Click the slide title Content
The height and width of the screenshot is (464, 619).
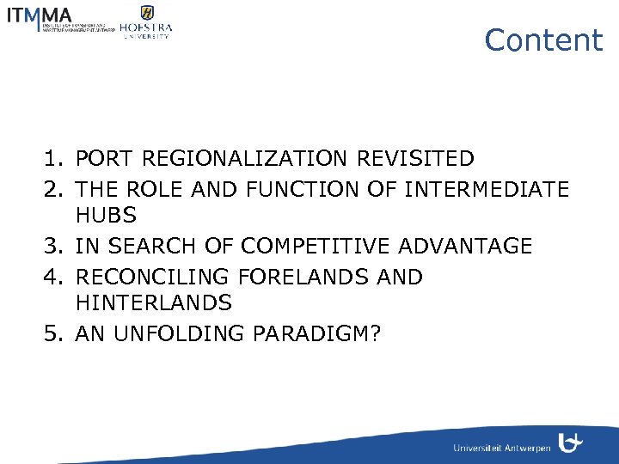pos(543,40)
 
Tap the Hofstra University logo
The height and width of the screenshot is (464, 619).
pos(146,21)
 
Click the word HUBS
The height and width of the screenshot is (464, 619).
pos(106,215)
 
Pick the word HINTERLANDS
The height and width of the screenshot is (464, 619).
pos(154,303)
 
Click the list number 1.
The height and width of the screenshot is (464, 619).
pos(51,159)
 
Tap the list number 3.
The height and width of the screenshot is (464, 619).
pos(51,247)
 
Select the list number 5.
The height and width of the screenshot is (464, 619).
pos(51,333)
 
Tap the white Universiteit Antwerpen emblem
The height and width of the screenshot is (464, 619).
pos(570,443)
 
